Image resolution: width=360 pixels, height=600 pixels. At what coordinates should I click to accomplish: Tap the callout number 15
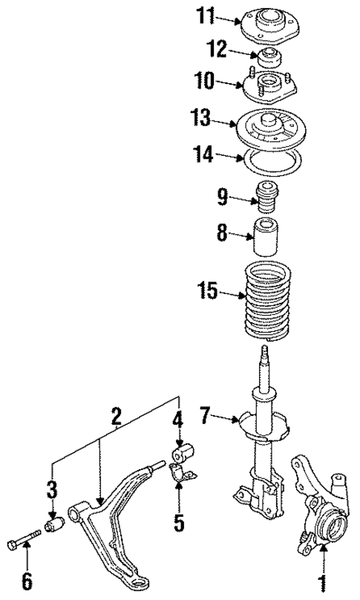click(209, 291)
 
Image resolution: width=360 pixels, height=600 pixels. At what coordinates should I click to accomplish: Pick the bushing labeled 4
click(181, 451)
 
